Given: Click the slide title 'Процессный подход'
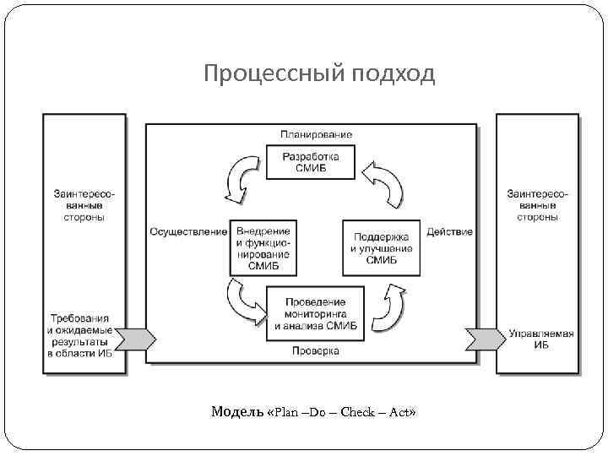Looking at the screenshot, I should pyautogui.click(x=318, y=75).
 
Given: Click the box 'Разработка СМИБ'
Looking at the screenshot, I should pyautogui.click(x=311, y=162).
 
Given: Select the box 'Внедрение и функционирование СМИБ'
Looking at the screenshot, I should pyautogui.click(x=263, y=247).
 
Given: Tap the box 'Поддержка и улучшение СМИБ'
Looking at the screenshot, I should pyautogui.click(x=381, y=247).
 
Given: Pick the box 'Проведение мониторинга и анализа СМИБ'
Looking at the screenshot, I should pyautogui.click(x=315, y=313).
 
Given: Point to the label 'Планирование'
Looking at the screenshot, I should pyautogui.click(x=317, y=134).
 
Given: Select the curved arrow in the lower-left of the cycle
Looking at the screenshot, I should pyautogui.click(x=245, y=302).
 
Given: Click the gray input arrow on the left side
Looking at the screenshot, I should pyautogui.click(x=135, y=339).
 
